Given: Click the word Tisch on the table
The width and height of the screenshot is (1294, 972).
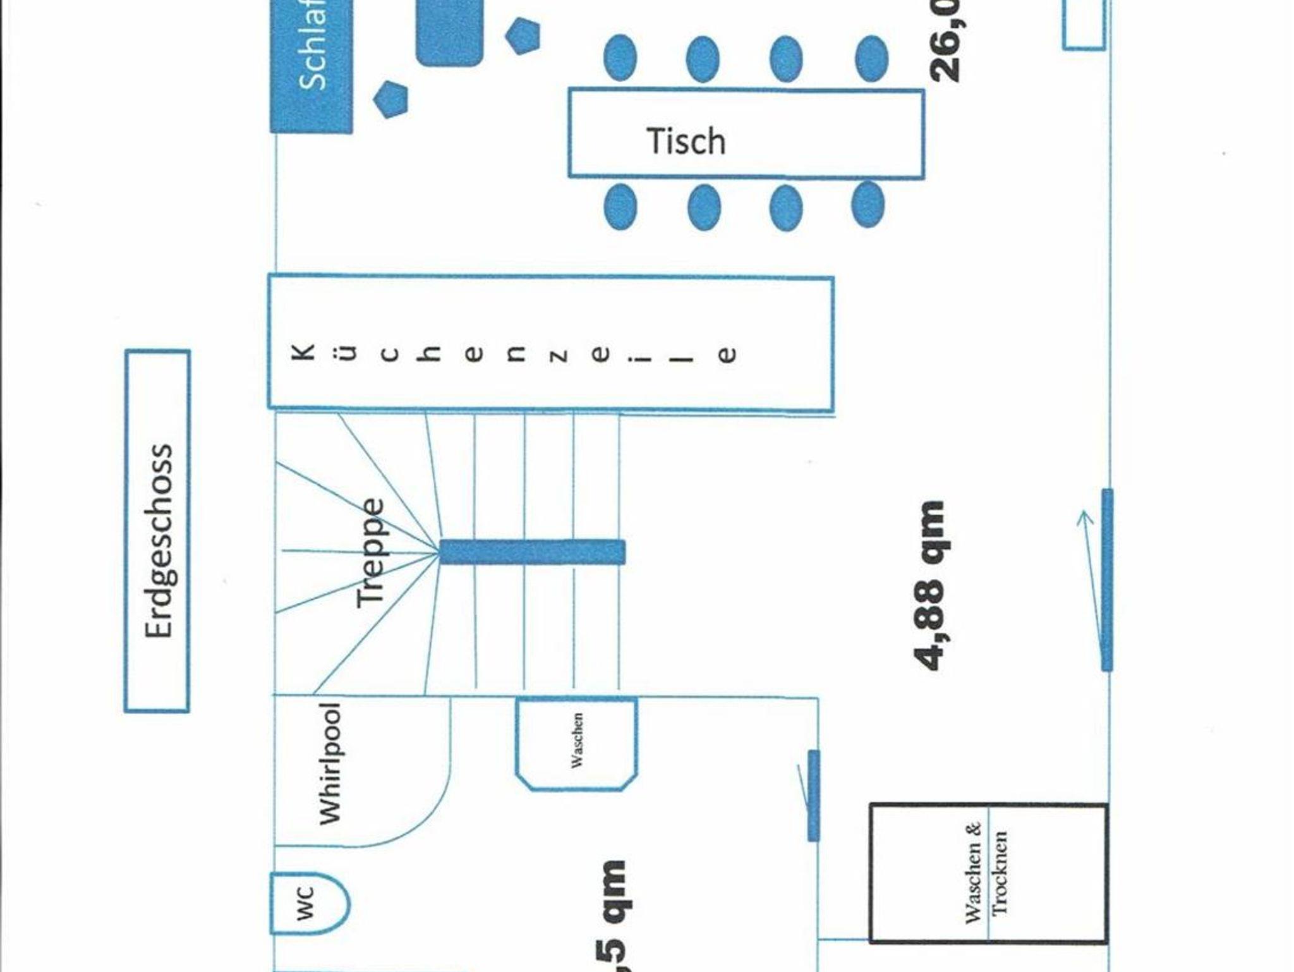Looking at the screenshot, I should (686, 142).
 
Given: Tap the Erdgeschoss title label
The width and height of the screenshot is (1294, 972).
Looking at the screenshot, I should (158, 540).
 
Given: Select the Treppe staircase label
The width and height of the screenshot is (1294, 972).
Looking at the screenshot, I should (370, 554).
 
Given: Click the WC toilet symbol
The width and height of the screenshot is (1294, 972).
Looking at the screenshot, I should (308, 903).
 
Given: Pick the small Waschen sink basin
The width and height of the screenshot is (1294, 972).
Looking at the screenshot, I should (576, 742).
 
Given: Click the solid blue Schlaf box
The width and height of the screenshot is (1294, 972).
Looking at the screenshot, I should (311, 63).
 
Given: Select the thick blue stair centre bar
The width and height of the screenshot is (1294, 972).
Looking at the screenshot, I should (532, 552).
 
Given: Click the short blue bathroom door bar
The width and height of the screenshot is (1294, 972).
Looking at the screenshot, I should (814, 795).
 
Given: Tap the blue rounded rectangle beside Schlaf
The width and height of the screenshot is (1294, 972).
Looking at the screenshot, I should (449, 32).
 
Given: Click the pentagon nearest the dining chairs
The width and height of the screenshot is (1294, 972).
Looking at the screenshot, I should (523, 35).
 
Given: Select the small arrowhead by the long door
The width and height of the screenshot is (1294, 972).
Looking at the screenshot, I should (1085, 519).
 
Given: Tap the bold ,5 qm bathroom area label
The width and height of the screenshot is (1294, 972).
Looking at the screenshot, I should (612, 916).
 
